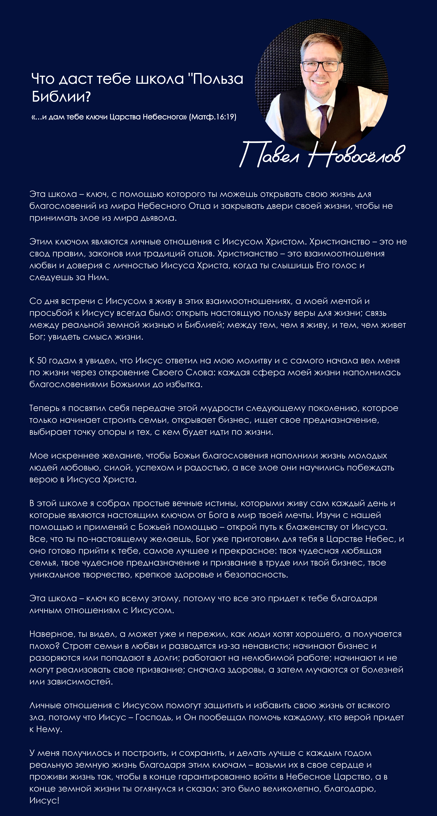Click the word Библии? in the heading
click(61, 96)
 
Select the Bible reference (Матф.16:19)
click(213, 117)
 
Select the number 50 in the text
click(42, 360)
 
